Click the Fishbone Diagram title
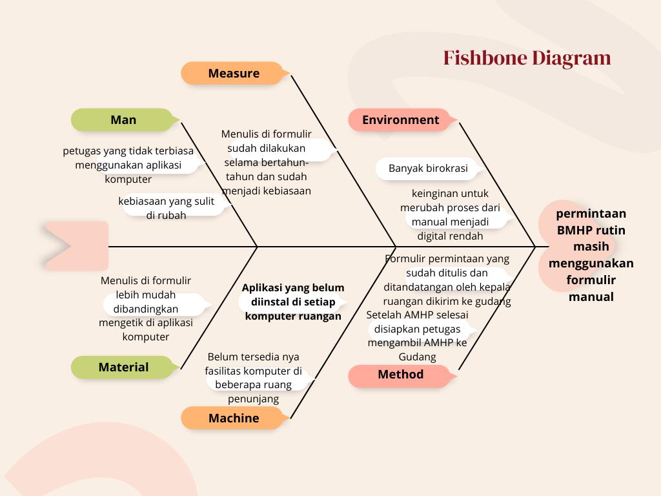click(527, 58)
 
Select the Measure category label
click(233, 74)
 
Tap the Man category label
click(123, 120)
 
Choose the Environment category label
click(400, 120)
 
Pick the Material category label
click(123, 367)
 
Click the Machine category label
click(233, 418)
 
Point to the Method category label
click(400, 375)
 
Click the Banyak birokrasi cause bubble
click(428, 169)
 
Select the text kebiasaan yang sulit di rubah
click(166, 208)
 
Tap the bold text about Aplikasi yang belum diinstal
click(293, 302)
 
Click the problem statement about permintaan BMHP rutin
click(591, 254)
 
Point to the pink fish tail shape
click(76, 245)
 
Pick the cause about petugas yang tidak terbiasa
click(128, 165)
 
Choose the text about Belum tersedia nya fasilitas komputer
click(253, 378)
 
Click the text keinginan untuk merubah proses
click(450, 214)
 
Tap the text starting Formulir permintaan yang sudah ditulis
click(447, 280)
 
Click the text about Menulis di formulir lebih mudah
click(146, 309)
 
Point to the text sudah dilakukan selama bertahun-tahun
click(266, 161)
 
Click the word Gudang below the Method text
click(417, 357)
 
